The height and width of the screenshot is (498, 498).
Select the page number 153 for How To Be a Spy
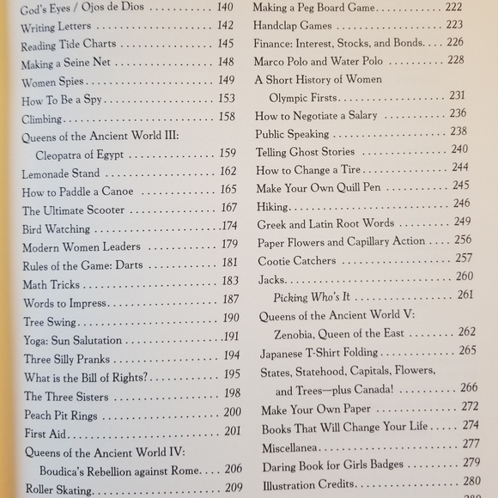pos(226,100)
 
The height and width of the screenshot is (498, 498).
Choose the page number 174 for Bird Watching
pos(228,228)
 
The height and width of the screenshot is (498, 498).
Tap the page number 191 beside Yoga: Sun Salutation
pos(230,337)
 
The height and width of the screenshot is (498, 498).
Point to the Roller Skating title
pos(58,489)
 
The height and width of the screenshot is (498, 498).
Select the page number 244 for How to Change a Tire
pos(460,167)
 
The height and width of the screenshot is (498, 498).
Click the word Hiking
pos(275,205)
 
